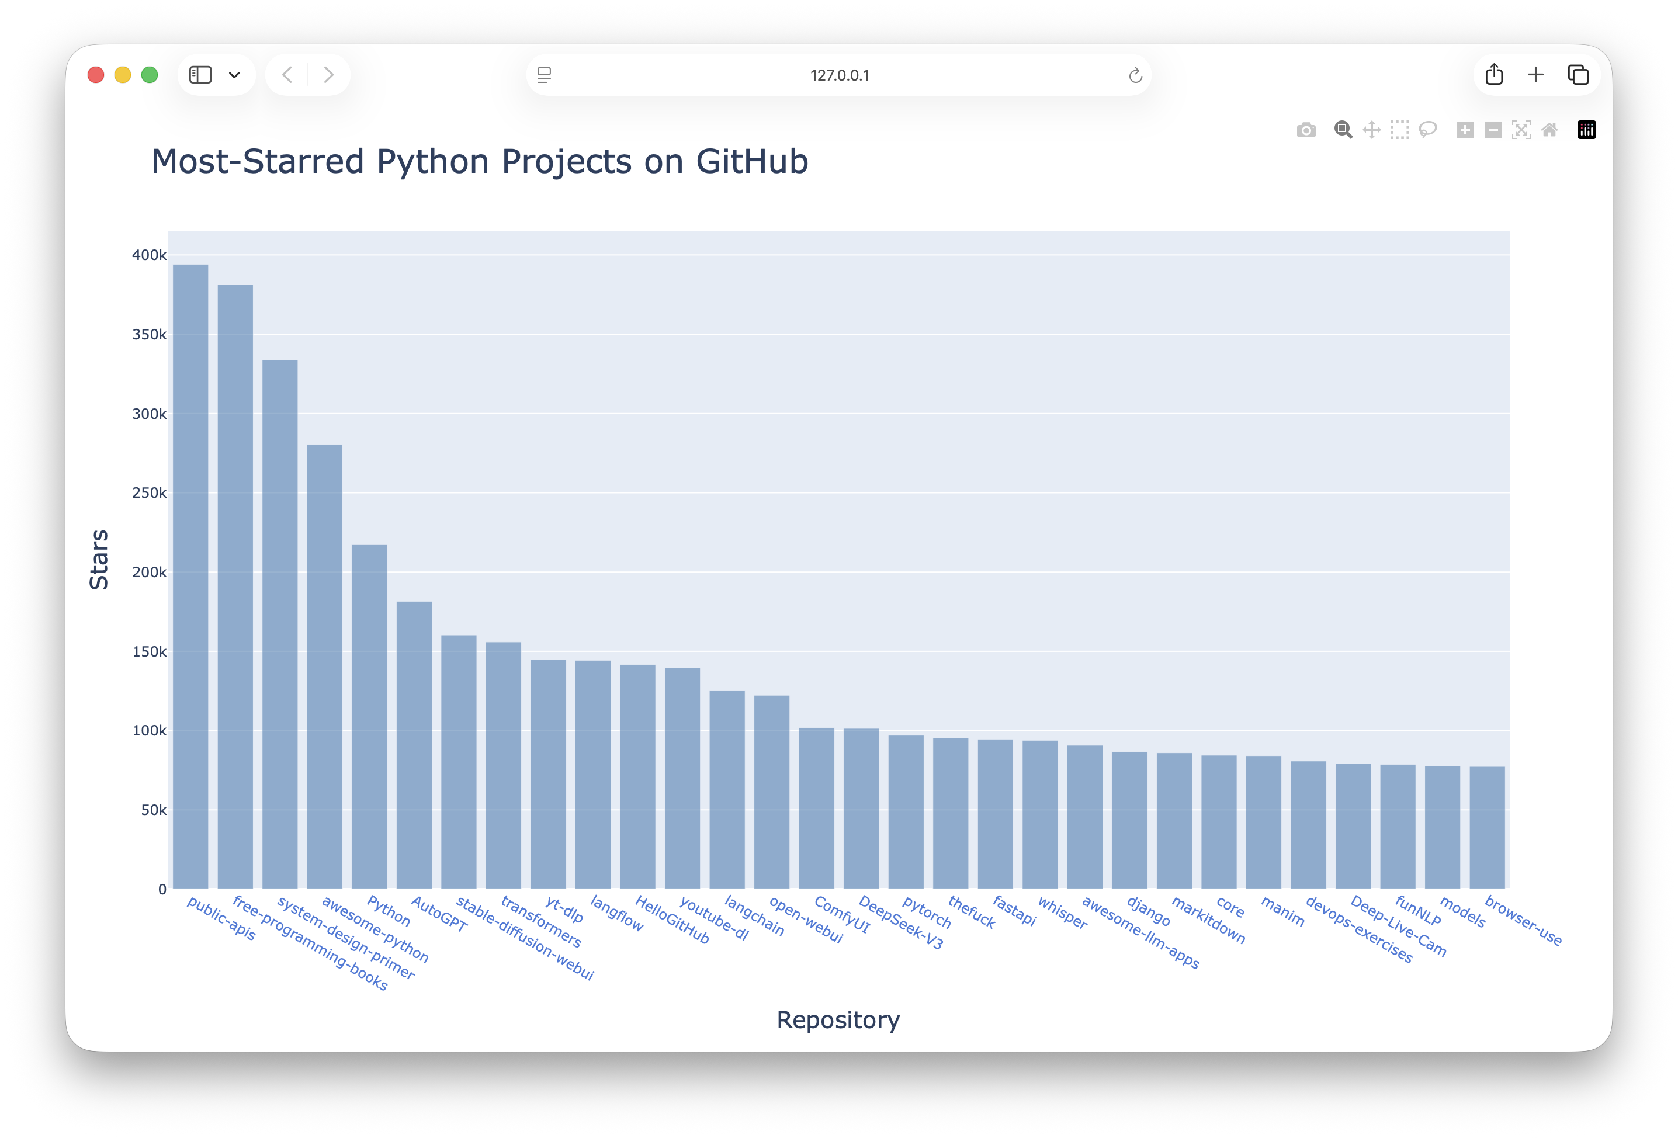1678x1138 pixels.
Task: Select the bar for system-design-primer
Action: [280, 624]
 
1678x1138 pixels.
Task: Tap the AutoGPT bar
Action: [414, 744]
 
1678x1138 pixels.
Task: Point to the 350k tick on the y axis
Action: [149, 334]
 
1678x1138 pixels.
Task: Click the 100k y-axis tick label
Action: [149, 731]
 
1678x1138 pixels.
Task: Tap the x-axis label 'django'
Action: [1148, 911]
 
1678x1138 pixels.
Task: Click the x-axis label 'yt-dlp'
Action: [564, 909]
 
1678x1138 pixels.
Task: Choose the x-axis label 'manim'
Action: [1282, 911]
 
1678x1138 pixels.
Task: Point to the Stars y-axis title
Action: [99, 560]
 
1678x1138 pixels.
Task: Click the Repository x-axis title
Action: [838, 1019]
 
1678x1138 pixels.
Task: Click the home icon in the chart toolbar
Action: [1549, 130]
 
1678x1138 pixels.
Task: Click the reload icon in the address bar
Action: [1135, 75]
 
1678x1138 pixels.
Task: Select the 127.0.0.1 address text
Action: [839, 75]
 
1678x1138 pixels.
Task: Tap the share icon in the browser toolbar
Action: [1494, 74]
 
